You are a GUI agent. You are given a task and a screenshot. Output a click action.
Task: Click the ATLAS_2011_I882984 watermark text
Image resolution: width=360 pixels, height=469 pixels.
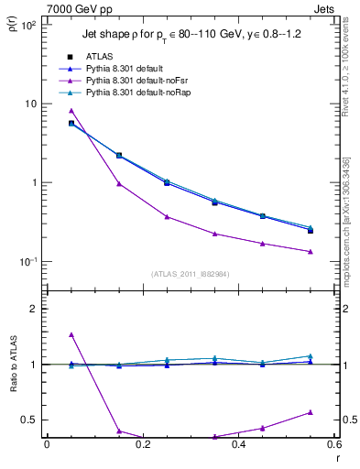click(191, 273)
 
